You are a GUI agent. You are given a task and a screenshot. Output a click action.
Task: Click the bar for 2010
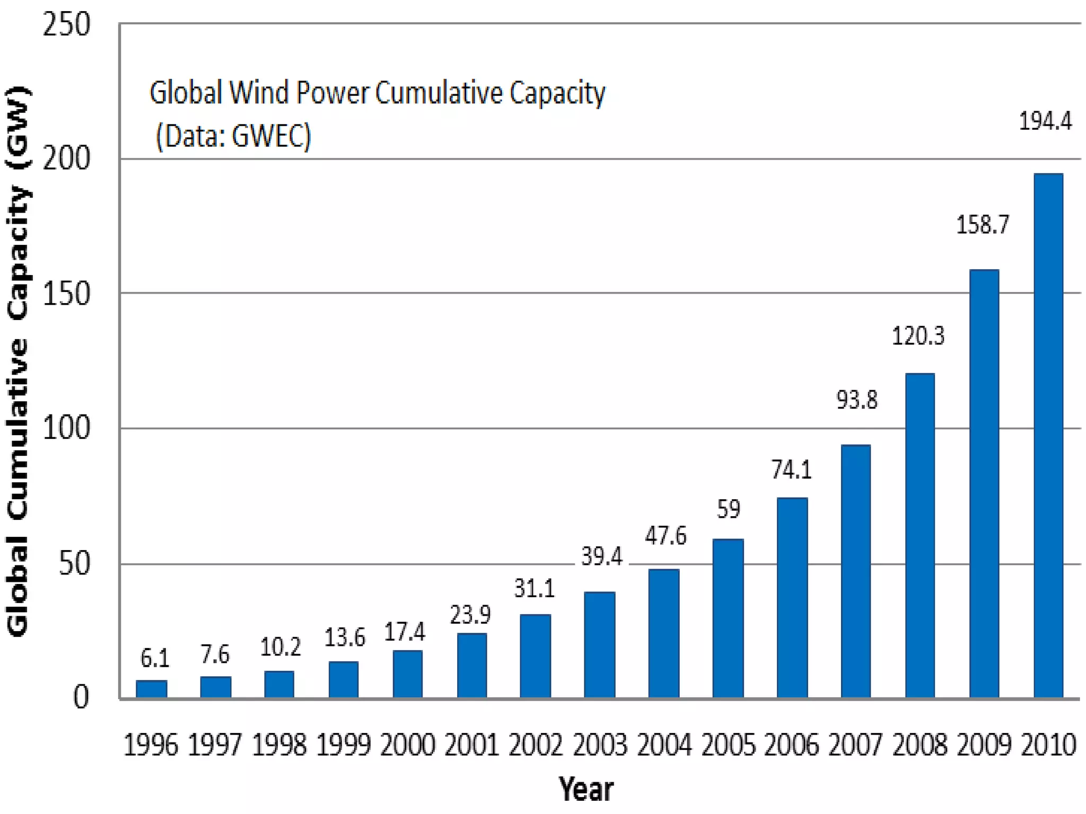tap(1048, 435)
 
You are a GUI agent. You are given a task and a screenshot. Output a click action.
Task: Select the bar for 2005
tap(728, 618)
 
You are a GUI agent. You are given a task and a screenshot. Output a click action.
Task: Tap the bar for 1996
tap(152, 688)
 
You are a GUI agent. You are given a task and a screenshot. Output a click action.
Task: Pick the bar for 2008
tap(919, 535)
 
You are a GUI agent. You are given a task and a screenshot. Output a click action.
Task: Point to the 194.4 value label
tap(1045, 121)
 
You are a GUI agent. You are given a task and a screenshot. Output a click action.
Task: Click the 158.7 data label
tap(982, 225)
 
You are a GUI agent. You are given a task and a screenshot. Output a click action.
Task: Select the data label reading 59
tap(728, 509)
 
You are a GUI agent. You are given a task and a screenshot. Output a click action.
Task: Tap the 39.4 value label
tap(601, 556)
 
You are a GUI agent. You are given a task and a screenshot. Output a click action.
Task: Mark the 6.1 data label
tap(154, 658)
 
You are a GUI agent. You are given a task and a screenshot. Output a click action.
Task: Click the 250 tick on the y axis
tap(66, 24)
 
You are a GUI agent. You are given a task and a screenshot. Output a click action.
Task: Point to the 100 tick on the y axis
tap(66, 428)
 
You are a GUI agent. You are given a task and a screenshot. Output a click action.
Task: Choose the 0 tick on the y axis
tap(81, 697)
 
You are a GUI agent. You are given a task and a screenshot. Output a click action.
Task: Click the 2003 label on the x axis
tap(600, 745)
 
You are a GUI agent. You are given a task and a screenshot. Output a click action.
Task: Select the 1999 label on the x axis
tap(343, 745)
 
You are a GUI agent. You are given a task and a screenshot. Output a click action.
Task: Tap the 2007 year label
tap(855, 745)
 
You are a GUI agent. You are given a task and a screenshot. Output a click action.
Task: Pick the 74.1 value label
tap(791, 470)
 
